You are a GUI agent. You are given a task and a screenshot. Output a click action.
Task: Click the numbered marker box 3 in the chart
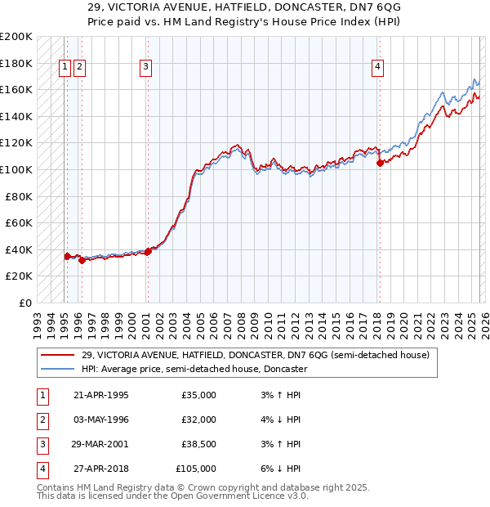pyautogui.click(x=145, y=68)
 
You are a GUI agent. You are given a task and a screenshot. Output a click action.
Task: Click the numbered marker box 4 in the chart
pyautogui.click(x=379, y=68)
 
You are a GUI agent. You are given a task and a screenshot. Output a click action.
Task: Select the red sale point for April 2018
pyautogui.click(x=380, y=163)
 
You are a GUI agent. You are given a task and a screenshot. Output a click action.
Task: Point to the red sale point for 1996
pyautogui.click(x=82, y=260)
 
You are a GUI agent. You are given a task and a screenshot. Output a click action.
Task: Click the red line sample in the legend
pyautogui.click(x=58, y=355)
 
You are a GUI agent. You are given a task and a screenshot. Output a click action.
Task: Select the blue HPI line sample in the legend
pyautogui.click(x=58, y=369)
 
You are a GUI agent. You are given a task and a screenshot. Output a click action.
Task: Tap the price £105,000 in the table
pyautogui.click(x=196, y=469)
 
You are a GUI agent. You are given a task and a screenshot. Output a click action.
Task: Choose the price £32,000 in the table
pyautogui.click(x=198, y=420)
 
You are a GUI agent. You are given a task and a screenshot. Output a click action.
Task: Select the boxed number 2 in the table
pyautogui.click(x=41, y=420)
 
